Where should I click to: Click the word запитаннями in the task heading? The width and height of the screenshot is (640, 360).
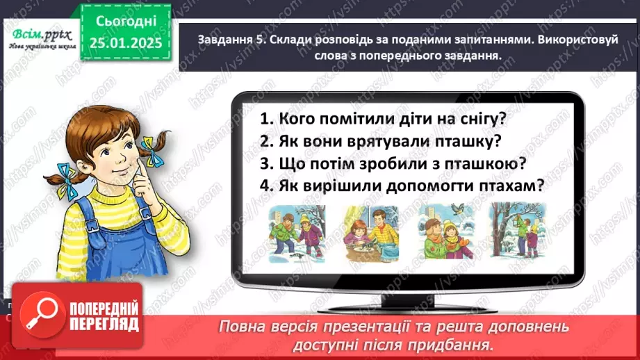pyautogui.click(x=441, y=41)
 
